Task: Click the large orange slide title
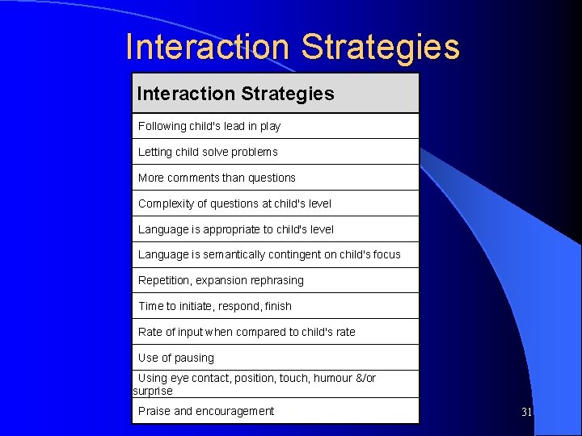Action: coord(293,47)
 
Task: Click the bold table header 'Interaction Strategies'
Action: coord(235,94)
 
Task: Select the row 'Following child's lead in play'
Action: coord(209,126)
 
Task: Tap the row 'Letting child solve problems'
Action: coord(208,152)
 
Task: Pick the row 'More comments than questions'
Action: coord(217,178)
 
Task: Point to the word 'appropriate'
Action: coord(231,229)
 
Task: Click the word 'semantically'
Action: coord(238,254)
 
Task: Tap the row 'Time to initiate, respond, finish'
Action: coord(215,306)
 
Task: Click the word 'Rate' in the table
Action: coord(150,332)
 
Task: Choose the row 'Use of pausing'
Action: coord(176,358)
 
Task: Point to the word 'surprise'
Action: coord(153,391)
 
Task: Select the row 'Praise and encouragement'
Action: coord(206,411)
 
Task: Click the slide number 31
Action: coord(526,413)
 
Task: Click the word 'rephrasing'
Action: coord(276,280)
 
